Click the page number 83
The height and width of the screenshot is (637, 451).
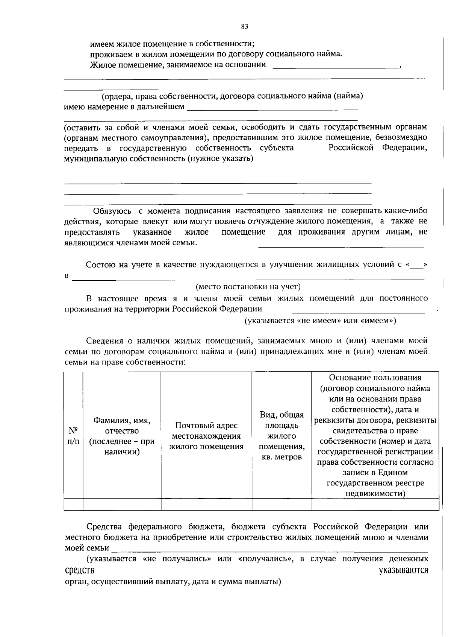click(244, 27)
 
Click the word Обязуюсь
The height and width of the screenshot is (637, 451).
click(112, 211)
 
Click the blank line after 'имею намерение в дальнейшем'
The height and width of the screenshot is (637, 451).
click(272, 107)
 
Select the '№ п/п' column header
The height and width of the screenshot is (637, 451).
click(73, 436)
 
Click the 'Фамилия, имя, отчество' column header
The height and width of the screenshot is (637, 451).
click(122, 436)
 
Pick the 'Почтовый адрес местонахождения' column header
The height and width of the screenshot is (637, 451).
click(206, 436)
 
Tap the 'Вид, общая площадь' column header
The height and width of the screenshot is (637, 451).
click(281, 436)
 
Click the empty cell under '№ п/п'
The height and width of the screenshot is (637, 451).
click(73, 505)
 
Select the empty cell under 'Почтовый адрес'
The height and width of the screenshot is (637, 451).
click(206, 505)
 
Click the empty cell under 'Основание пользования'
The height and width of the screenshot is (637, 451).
click(375, 505)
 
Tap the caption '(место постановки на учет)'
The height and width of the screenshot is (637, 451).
click(248, 287)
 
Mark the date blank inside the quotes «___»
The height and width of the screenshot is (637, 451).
click(416, 265)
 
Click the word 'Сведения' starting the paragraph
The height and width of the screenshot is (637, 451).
click(104, 341)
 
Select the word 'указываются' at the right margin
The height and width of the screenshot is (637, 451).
click(403, 570)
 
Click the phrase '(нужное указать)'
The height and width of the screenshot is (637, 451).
click(221, 158)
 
